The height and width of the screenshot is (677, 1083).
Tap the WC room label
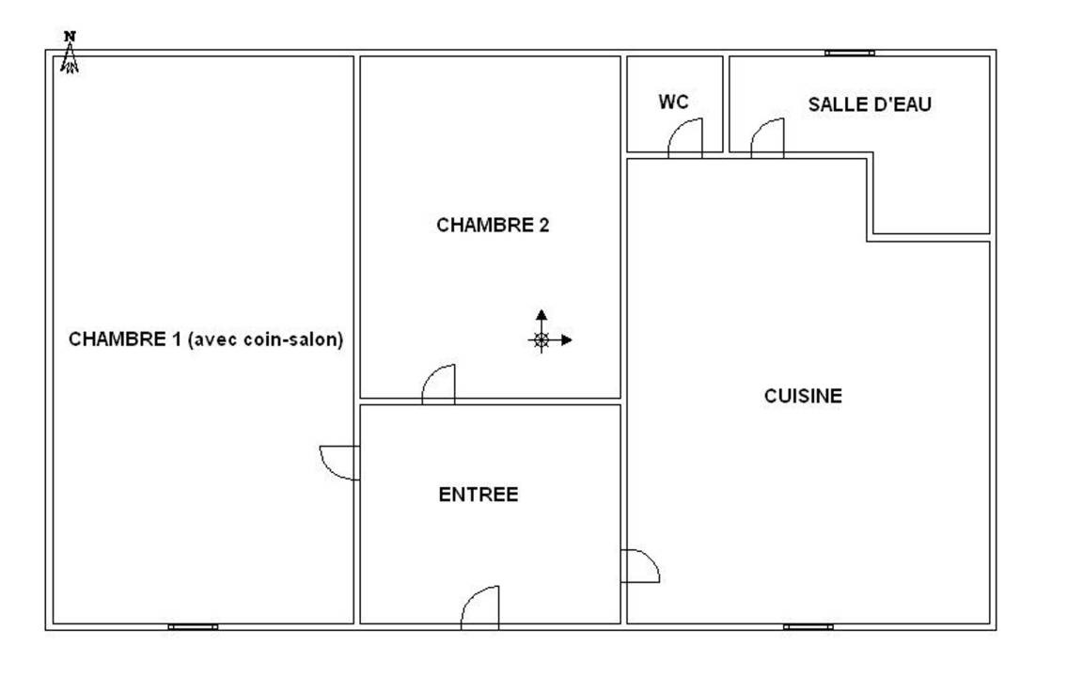pos(673,102)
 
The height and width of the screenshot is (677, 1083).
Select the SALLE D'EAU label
pos(870,104)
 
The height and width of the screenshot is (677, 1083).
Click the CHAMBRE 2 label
pos(493,226)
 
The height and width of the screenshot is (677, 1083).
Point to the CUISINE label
pos(803,396)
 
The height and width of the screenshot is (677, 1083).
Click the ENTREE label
pos(478,495)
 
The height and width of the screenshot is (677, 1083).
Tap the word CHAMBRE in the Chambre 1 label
pos(117,339)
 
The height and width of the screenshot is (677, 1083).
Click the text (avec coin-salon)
pos(266,339)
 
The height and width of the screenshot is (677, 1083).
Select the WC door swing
pos(685,137)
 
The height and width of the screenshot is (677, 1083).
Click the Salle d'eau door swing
pos(767,137)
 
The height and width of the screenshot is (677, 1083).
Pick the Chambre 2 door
pos(439,384)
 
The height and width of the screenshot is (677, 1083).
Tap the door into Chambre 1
pos(339,463)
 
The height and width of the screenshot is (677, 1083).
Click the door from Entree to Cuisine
pos(640,566)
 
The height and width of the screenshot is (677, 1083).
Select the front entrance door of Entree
pos(480,607)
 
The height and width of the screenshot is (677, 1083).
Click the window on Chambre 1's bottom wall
pos(193,627)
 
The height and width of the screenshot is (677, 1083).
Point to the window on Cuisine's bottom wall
pos(808,627)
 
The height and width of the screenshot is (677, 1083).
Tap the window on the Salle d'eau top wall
pos(850,53)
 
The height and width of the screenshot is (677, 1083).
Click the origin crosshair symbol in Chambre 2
pos(541,339)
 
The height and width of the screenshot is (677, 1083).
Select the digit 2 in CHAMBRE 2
pos(543,226)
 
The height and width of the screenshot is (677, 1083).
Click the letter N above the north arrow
pos(69,36)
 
